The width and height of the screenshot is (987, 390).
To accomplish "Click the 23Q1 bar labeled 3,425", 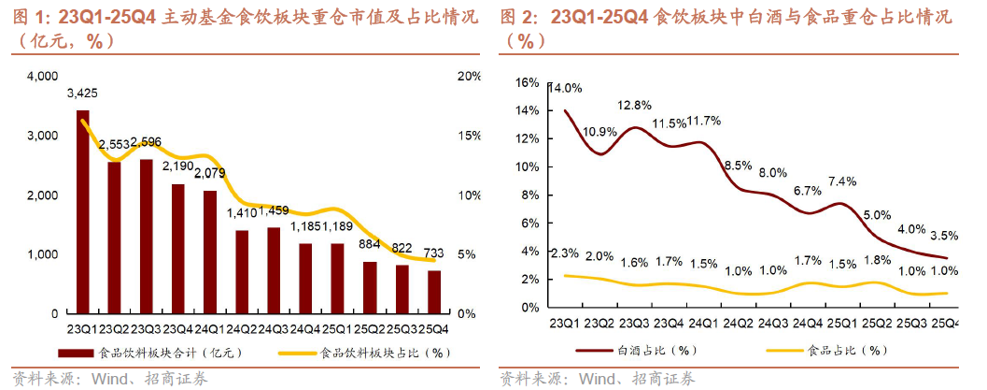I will [x=83, y=211].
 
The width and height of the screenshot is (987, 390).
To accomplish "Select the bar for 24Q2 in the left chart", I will [x=242, y=271].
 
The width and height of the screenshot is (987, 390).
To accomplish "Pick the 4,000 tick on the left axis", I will [x=42, y=77].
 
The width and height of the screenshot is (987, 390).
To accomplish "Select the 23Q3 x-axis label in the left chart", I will [x=147, y=329].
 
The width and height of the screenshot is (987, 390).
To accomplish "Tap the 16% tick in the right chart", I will [x=527, y=82].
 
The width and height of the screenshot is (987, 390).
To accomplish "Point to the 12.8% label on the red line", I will [x=635, y=105].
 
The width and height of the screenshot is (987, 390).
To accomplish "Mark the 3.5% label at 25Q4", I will [x=945, y=236].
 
